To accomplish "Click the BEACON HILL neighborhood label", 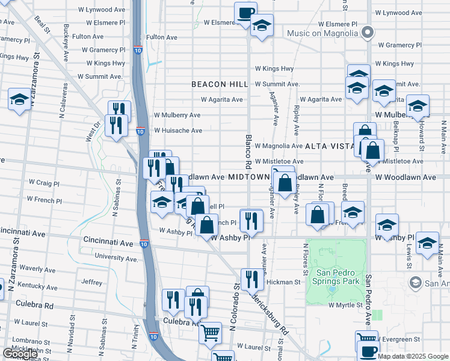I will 216,85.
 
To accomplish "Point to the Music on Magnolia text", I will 322,32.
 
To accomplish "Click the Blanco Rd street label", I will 248,150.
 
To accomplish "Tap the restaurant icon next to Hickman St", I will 251,279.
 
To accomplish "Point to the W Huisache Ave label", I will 177,131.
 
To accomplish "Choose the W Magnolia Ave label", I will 279,146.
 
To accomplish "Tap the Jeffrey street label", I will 91,282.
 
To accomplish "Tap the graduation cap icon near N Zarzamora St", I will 19,99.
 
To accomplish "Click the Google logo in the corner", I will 20,354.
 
